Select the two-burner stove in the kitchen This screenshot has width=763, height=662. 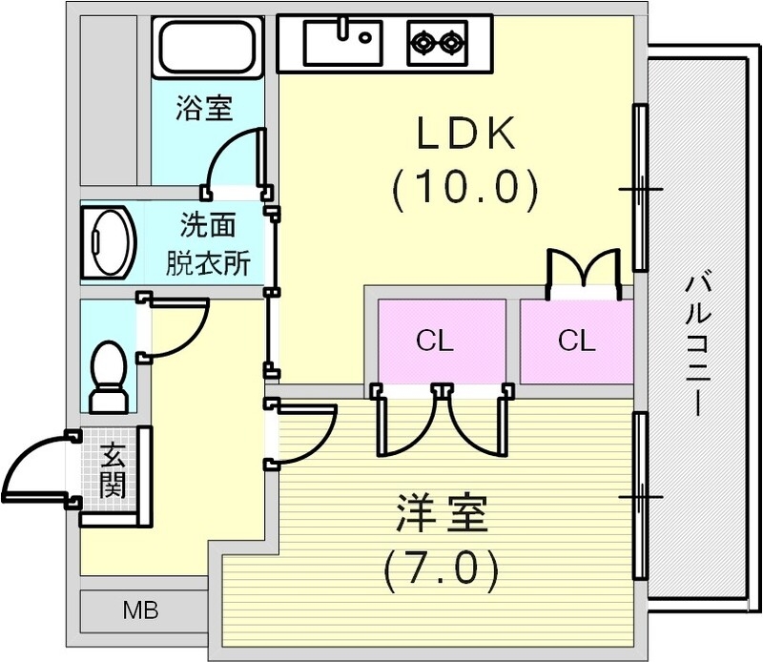click(x=436, y=41)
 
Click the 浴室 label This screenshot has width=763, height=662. click(x=203, y=107)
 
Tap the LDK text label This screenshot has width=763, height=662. click(x=464, y=134)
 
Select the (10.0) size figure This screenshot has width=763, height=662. click(x=464, y=190)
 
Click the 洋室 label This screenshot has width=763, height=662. click(x=441, y=516)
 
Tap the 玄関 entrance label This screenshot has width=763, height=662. click(x=112, y=473)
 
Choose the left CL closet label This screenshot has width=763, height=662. click(x=435, y=341)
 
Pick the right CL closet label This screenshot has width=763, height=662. click(x=576, y=341)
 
